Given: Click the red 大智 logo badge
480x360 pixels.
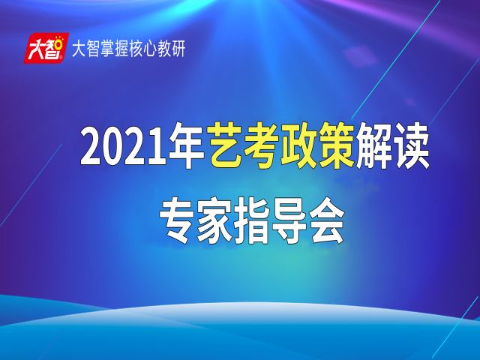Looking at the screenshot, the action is coord(46,48).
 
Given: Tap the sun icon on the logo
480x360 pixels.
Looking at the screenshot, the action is coord(59,44).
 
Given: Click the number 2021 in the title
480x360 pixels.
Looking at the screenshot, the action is coord(124,148).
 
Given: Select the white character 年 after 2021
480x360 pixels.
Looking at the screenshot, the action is coord(187,146).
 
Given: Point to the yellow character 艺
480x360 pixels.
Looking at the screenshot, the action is coord(226,145).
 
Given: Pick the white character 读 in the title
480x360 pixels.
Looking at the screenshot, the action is coord(410,145).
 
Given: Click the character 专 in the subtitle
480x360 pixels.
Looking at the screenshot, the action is coord(178,220).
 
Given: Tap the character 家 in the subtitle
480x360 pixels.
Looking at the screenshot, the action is coord(214,220).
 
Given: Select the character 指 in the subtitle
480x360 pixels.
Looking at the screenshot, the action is coord(252,220).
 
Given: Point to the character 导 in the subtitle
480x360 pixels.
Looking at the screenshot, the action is coord(289,220).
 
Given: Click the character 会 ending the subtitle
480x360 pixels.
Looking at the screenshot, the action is coord(325,220).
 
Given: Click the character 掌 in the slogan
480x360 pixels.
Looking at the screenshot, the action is coord(107,49).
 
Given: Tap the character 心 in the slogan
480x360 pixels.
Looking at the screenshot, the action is coord(150,49).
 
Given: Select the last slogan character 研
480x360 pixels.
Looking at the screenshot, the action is coord(178,49).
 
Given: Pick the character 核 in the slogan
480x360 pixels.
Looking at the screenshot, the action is coord(136,49).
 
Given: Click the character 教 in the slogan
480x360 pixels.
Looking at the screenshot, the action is coord(164,49).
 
